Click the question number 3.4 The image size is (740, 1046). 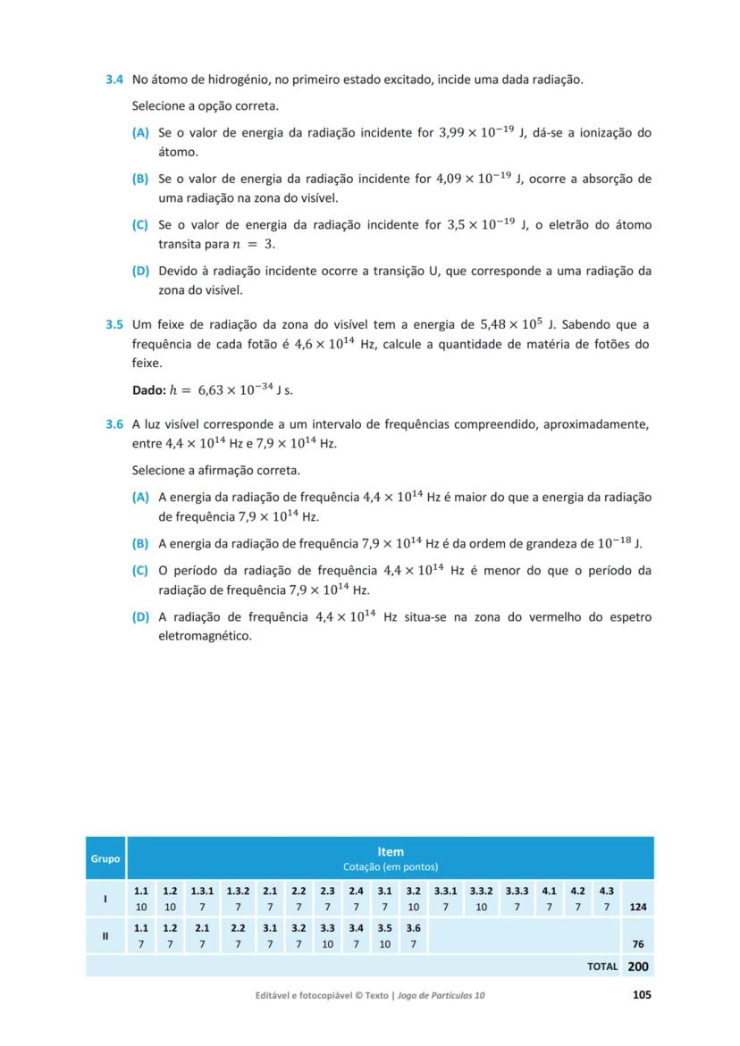pyautogui.click(x=114, y=79)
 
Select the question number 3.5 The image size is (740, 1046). pyautogui.click(x=114, y=323)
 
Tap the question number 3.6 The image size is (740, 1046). pyautogui.click(x=114, y=424)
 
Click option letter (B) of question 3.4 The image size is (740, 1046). pyautogui.click(x=140, y=179)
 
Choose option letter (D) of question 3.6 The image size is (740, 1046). pyautogui.click(x=140, y=617)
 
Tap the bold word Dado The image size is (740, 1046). pyautogui.click(x=147, y=390)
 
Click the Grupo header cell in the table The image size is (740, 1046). pyautogui.click(x=105, y=858)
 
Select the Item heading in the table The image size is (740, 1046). pyautogui.click(x=391, y=852)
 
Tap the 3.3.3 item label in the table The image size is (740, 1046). pyautogui.click(x=517, y=891)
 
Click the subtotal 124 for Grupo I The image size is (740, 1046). pyautogui.click(x=637, y=907)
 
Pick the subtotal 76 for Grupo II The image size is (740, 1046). pyautogui.click(x=638, y=944)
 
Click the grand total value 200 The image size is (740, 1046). pyautogui.click(x=638, y=967)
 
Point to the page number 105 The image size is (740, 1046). pyautogui.click(x=642, y=995)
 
